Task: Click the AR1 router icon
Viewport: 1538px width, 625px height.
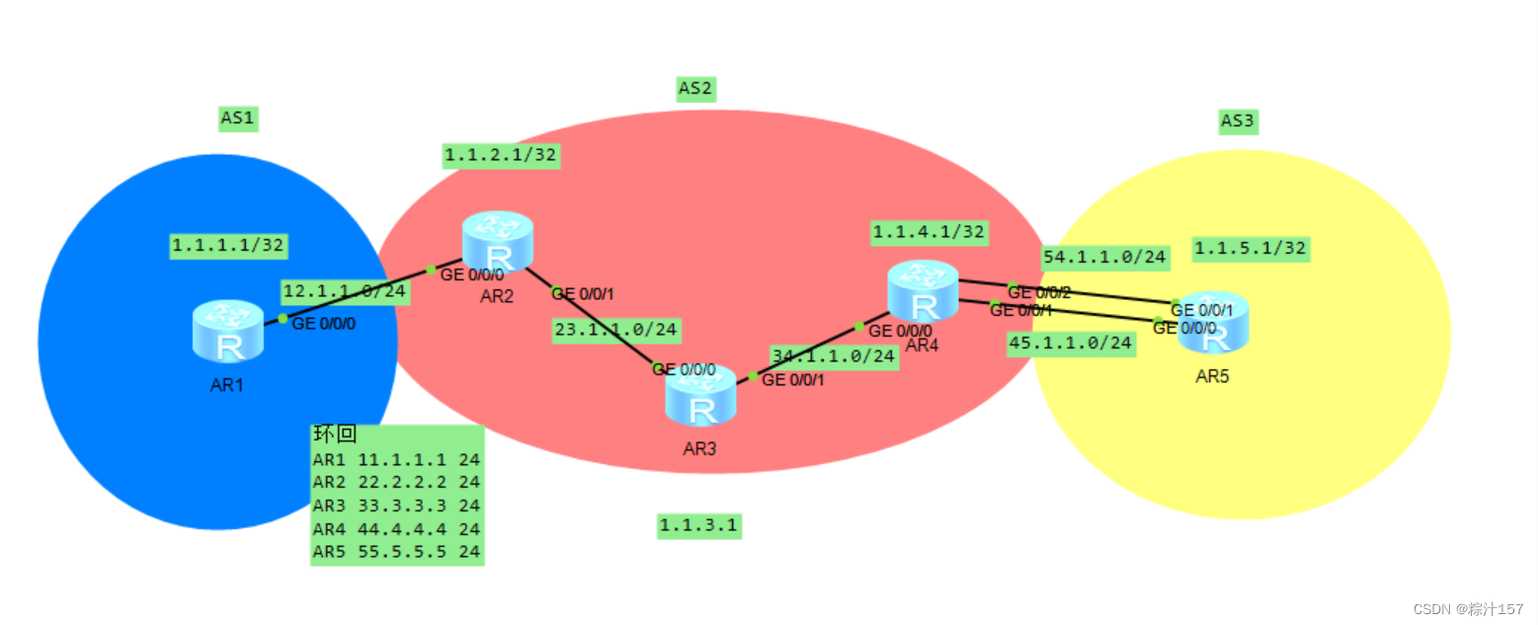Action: click(x=228, y=331)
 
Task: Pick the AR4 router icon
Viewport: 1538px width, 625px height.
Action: click(x=923, y=290)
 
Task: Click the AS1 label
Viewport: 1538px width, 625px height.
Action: click(x=237, y=119)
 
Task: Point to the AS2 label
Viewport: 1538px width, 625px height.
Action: click(x=695, y=89)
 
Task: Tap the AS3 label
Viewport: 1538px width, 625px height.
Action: click(x=1237, y=121)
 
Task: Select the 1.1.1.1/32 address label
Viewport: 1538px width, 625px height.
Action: click(x=229, y=245)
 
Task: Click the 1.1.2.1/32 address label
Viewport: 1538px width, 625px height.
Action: click(x=502, y=155)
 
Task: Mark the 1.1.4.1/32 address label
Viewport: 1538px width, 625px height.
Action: click(x=929, y=232)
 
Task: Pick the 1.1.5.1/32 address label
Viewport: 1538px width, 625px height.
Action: click(x=1250, y=249)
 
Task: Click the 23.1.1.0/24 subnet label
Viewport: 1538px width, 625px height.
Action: click(x=615, y=330)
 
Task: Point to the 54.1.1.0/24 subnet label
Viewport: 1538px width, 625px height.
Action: click(x=1105, y=258)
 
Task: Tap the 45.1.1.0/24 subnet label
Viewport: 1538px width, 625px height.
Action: click(x=1070, y=344)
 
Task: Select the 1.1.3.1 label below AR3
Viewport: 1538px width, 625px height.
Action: click(x=698, y=526)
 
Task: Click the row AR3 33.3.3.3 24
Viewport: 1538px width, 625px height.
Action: click(x=396, y=506)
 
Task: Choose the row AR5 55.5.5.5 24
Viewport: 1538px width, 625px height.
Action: click(x=396, y=552)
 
